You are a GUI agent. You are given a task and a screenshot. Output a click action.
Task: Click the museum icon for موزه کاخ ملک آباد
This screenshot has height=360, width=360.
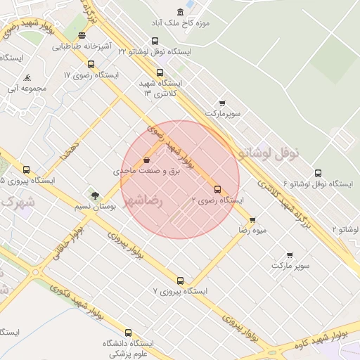pyautogui.click(x=181, y=12)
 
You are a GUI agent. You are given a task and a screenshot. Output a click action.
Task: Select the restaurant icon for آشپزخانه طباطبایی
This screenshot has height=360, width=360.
pyautogui.click(x=82, y=35)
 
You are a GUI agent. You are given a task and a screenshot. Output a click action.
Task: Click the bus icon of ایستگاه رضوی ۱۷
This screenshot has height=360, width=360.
pyautogui.click(x=91, y=64)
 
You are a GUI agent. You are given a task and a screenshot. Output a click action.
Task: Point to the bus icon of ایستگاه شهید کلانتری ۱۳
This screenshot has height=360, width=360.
pyautogui.click(x=160, y=72)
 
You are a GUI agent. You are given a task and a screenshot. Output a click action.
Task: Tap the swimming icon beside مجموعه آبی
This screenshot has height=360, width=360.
pyautogui.click(x=27, y=78)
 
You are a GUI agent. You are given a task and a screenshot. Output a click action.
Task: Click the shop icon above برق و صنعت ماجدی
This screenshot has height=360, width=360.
pyautogui.click(x=146, y=160)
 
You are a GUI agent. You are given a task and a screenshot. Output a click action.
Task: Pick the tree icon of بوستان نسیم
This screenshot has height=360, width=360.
pyautogui.click(x=94, y=195)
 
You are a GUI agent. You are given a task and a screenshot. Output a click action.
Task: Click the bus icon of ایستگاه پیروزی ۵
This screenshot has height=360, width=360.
pyautogui.click(x=27, y=169)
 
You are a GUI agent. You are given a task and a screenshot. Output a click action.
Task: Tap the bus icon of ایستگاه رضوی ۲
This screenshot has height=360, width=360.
pyautogui.click(x=217, y=189)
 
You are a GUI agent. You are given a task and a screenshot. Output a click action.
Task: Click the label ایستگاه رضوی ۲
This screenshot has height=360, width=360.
pyautogui.click(x=217, y=200)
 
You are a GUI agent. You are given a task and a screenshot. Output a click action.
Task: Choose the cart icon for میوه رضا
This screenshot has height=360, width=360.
pyautogui.click(x=252, y=219)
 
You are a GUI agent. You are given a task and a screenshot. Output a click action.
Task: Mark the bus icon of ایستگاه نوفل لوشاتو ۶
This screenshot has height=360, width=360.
pyautogui.click(x=318, y=173)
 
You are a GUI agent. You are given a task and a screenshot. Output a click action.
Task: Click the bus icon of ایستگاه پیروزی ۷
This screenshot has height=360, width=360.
pyautogui.click(x=180, y=281)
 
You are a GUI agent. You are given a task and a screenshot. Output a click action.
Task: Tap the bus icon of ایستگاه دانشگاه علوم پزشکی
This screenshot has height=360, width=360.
pyautogui.click(x=128, y=333)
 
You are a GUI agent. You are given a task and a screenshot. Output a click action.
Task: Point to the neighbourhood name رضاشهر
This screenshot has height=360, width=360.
pyautogui.click(x=143, y=201)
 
